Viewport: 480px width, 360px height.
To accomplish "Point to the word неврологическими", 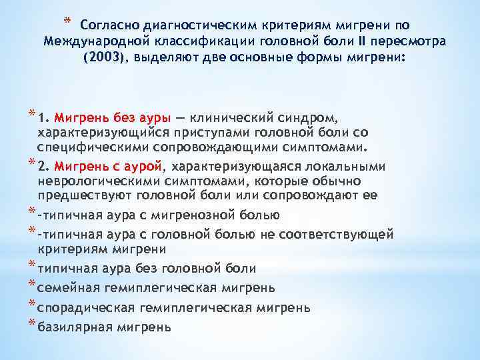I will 96,181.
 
